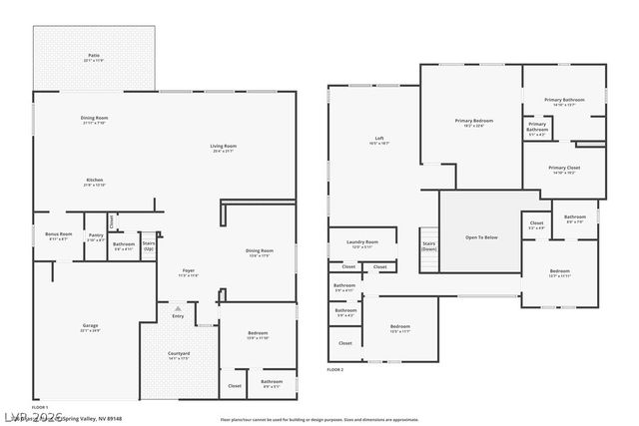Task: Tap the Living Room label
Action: [223, 148]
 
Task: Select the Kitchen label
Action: [94, 182]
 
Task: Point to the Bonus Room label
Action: [59, 236]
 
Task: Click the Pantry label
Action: [96, 237]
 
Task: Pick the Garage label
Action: [90, 327]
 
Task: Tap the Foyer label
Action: [188, 271]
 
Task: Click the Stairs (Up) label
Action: [149, 244]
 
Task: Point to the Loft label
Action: [379, 140]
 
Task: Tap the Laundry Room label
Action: [362, 243]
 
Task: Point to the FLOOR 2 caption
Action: [334, 369]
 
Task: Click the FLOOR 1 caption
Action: [40, 407]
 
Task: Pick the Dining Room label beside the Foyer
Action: [260, 250]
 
